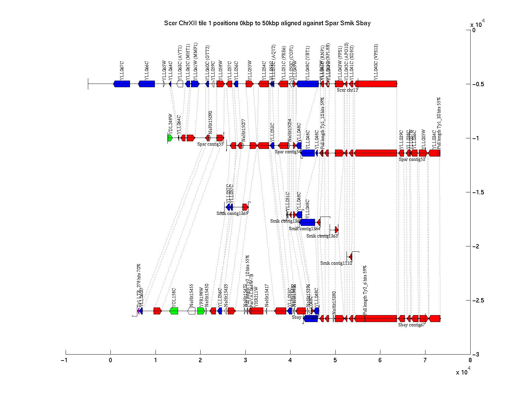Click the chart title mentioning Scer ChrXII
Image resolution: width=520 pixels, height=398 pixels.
pyautogui.click(x=267, y=23)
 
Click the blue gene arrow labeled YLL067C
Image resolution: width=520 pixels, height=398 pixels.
pyautogui.click(x=122, y=84)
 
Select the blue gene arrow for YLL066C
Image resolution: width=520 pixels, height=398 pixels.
pyautogui.click(x=146, y=84)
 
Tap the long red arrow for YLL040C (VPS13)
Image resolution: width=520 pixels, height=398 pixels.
pyautogui.click(x=376, y=84)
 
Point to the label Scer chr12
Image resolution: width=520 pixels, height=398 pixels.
pyautogui.click(x=347, y=90)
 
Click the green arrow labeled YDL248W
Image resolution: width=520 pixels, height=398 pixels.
pyautogui.click(x=170, y=138)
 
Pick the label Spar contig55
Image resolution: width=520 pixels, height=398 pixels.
pyautogui.click(x=210, y=144)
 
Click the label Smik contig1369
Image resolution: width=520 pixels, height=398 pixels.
pyautogui.click(x=232, y=213)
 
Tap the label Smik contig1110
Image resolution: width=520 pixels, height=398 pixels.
pyautogui.click(x=336, y=263)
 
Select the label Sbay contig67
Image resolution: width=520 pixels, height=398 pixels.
pyautogui.click(x=412, y=325)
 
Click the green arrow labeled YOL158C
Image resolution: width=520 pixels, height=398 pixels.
pyautogui.click(x=174, y=311)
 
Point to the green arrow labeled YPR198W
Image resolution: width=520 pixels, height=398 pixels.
pyautogui.click(x=201, y=311)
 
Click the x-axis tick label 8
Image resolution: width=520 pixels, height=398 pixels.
pyautogui.click(x=470, y=361)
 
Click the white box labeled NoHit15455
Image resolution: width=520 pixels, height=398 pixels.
pyautogui.click(x=191, y=311)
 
